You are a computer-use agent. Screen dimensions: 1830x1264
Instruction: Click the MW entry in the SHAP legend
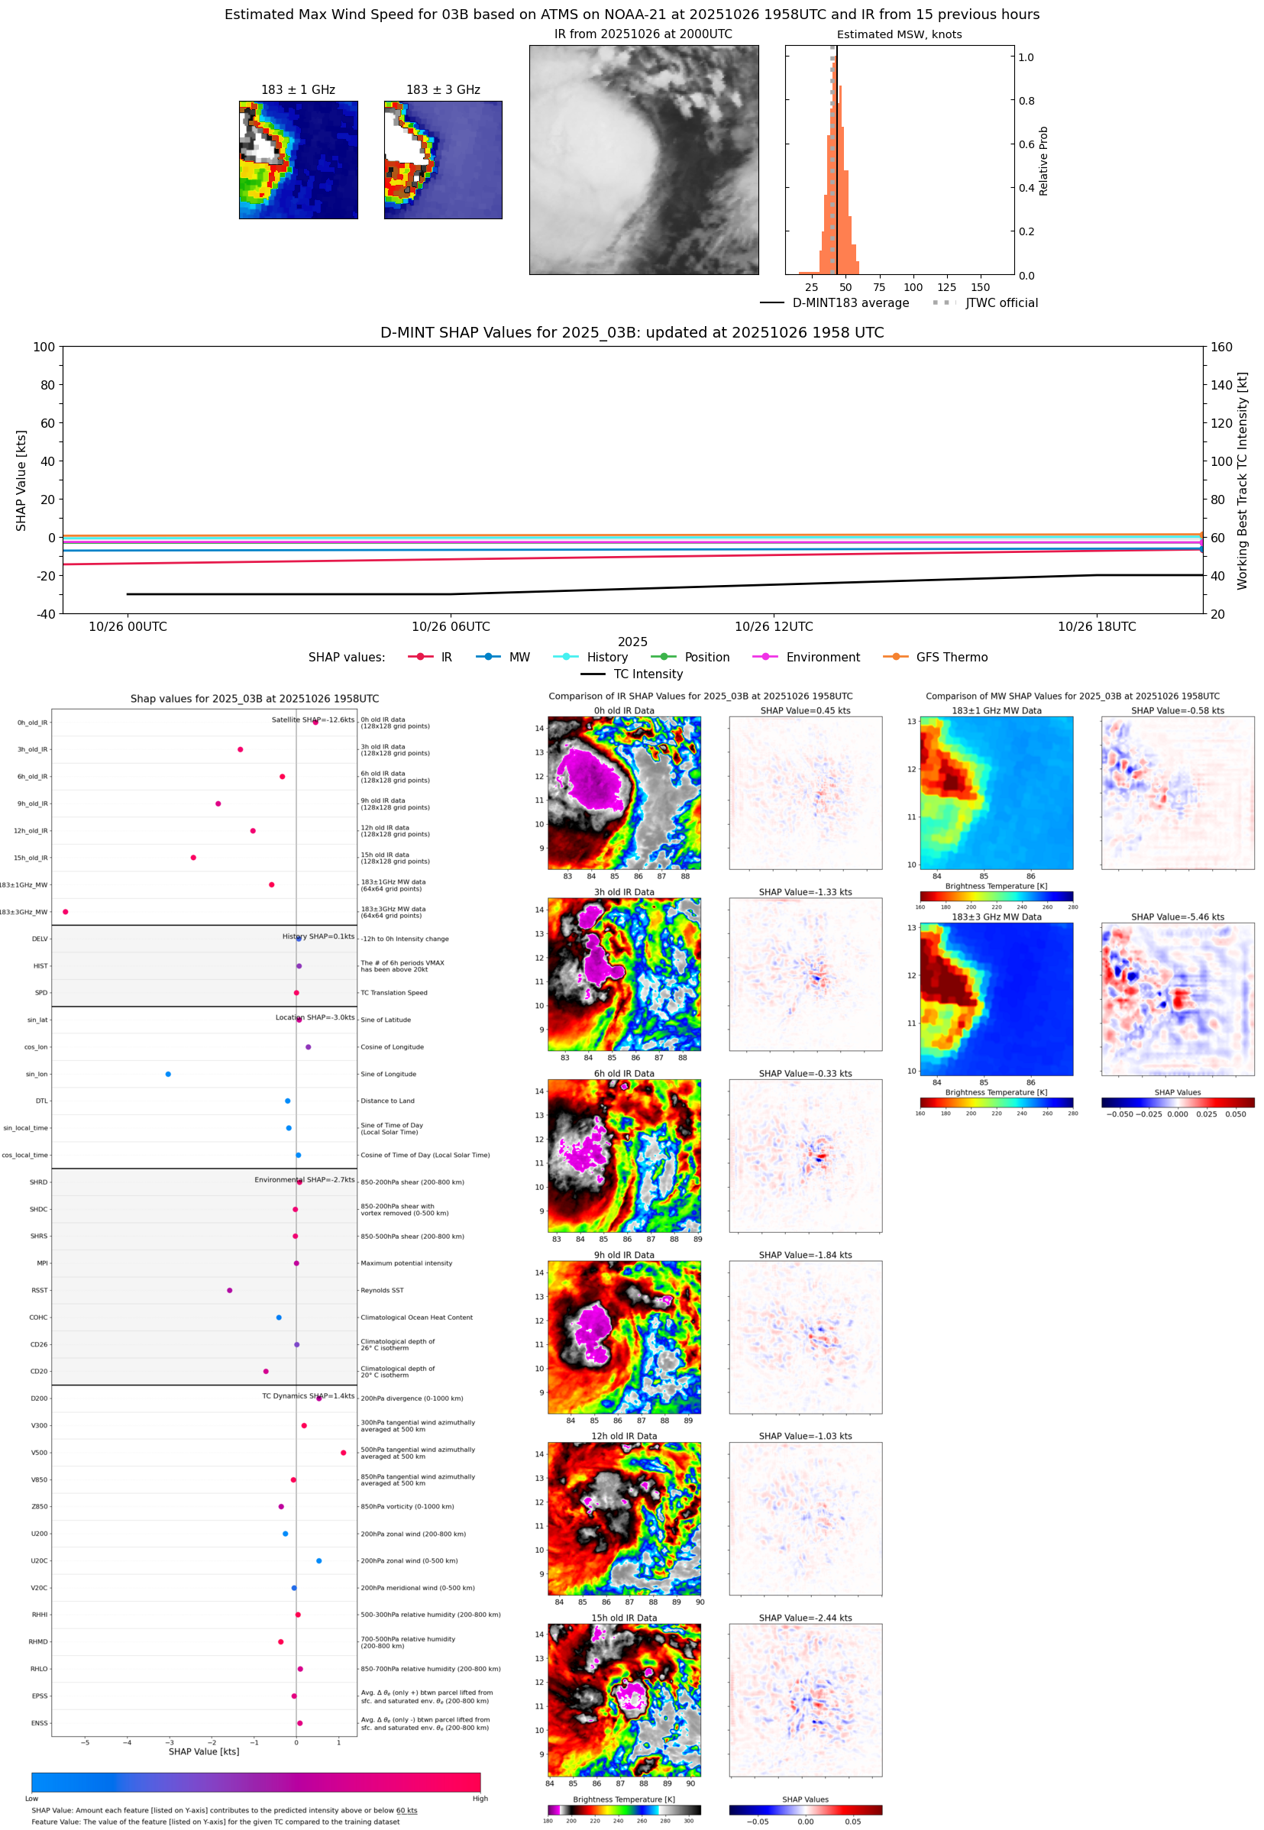(x=519, y=658)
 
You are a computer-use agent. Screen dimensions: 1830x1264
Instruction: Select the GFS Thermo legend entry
(x=951, y=658)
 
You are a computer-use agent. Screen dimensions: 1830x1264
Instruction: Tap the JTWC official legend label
(x=1001, y=302)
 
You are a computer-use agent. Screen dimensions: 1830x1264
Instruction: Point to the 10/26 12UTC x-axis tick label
(x=773, y=626)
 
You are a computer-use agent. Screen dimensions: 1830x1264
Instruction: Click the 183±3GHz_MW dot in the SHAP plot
(x=66, y=911)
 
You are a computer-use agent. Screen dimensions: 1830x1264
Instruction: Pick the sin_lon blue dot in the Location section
(x=168, y=1074)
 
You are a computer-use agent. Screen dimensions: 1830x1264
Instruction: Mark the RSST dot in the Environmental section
(x=230, y=1290)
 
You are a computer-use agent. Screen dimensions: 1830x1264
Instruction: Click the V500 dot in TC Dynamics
(x=343, y=1452)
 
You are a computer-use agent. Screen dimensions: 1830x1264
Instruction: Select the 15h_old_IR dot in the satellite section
(x=193, y=858)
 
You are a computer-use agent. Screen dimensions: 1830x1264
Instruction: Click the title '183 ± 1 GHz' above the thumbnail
(x=298, y=89)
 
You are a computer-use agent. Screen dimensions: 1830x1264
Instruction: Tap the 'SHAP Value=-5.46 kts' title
(x=1177, y=917)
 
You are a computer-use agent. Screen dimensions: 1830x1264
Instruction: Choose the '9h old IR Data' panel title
(x=624, y=1255)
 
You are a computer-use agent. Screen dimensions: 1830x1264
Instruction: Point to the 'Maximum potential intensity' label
(x=406, y=1263)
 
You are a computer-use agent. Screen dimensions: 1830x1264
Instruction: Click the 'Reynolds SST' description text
(x=382, y=1290)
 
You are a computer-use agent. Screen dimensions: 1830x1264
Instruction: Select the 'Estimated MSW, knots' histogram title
(x=899, y=34)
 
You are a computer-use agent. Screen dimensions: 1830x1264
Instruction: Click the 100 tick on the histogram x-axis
(x=913, y=287)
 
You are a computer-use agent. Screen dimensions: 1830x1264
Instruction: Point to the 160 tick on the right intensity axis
(x=1221, y=347)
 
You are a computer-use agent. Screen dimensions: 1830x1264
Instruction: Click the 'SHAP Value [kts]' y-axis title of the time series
(x=21, y=480)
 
